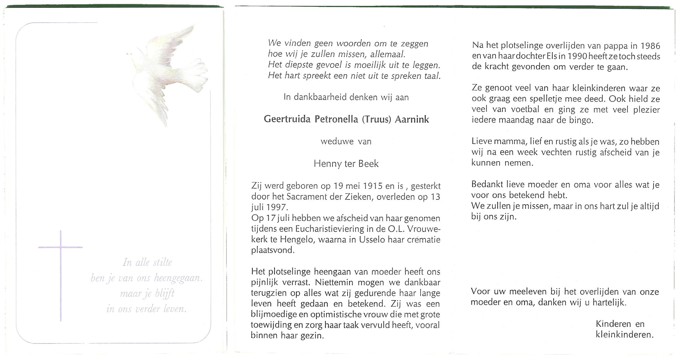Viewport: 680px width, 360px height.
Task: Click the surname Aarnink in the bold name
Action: coord(412,119)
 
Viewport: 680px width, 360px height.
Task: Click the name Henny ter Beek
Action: coord(346,164)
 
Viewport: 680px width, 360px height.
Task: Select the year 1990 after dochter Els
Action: coord(575,56)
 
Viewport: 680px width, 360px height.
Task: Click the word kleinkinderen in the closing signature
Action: coord(624,334)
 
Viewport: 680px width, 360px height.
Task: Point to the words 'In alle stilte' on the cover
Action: coord(147,262)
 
